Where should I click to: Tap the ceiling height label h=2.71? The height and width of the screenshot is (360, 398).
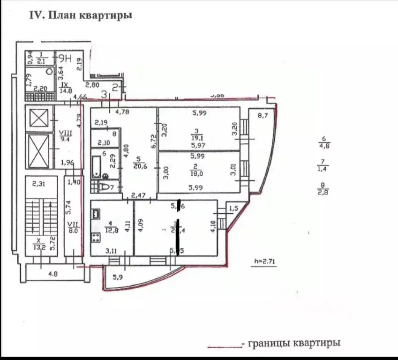tap(263, 262)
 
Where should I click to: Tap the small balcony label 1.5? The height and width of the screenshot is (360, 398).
tap(234, 208)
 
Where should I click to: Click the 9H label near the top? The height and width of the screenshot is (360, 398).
tap(65, 59)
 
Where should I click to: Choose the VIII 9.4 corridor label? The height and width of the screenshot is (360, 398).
tap(63, 135)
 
